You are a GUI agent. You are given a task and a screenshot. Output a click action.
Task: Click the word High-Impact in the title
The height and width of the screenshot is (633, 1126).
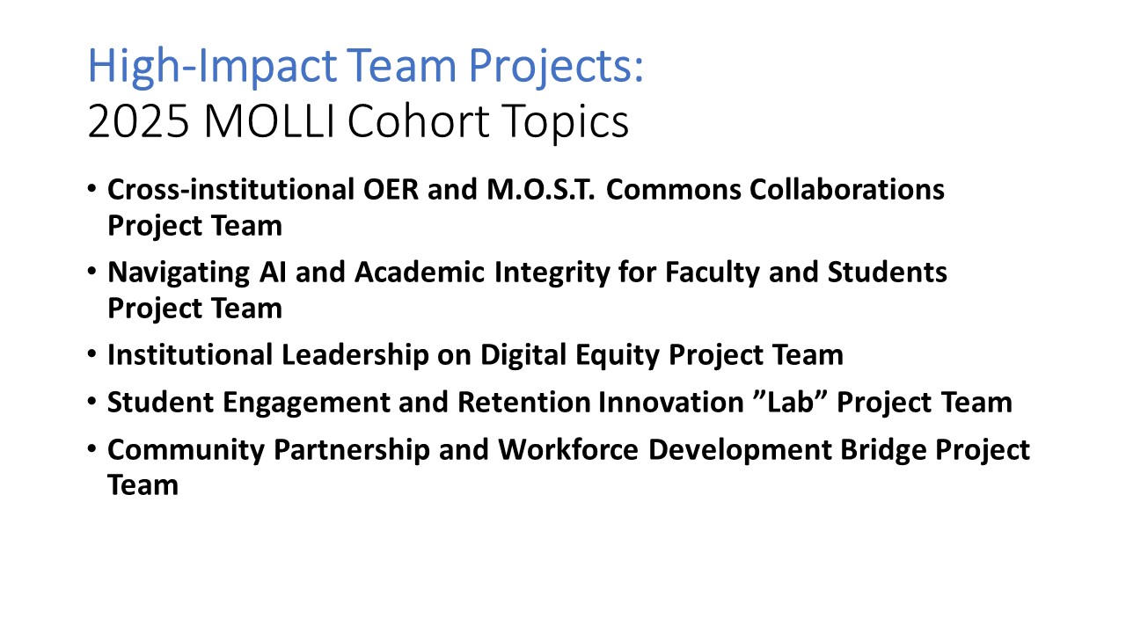[212, 66]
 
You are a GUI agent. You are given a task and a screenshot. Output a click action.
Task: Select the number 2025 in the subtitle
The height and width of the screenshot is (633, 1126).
[139, 121]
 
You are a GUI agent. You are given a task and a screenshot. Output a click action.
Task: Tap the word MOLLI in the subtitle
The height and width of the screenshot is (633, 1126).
[269, 121]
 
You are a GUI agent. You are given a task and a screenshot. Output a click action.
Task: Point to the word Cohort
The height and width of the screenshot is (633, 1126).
[418, 121]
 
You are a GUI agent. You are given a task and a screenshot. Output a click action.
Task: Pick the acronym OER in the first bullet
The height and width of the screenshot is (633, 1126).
[391, 190]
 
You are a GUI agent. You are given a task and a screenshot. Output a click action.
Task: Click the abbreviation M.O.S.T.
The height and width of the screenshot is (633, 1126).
[541, 190]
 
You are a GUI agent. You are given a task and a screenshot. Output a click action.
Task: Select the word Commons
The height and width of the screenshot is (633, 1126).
[674, 190]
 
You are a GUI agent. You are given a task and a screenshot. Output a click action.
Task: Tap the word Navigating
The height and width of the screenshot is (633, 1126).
[179, 273]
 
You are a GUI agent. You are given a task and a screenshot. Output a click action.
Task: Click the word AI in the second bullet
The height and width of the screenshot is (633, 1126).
[273, 273]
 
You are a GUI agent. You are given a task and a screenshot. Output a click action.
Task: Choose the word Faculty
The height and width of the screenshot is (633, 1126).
[713, 273]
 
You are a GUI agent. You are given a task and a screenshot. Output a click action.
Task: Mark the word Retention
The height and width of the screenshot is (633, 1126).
[523, 402]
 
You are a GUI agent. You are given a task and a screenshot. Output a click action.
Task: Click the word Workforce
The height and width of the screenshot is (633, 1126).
[568, 449]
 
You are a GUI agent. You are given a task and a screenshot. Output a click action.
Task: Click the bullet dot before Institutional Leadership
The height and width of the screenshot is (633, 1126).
[91, 353]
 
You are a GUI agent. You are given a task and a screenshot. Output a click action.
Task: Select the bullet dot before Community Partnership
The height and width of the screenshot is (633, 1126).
[91, 448]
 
